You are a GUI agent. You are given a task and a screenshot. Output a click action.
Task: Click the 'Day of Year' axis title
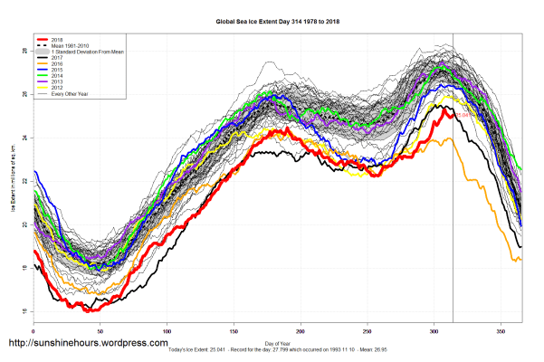click(x=277, y=341)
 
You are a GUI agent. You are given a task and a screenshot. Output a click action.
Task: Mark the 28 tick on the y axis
click(x=24, y=52)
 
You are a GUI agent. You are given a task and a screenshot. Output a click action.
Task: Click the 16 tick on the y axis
click(x=24, y=312)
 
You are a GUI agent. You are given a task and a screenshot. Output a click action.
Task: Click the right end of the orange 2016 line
click(x=520, y=260)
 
